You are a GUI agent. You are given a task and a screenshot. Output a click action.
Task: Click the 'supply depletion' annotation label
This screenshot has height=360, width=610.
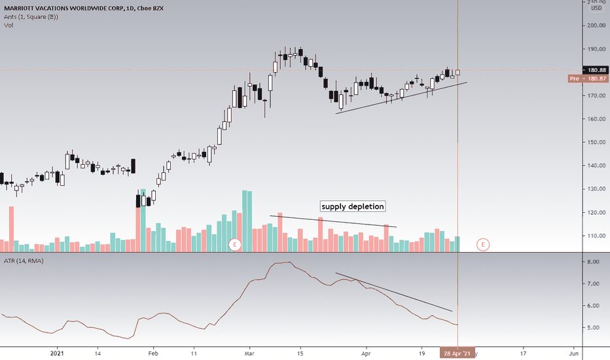[x=352, y=206]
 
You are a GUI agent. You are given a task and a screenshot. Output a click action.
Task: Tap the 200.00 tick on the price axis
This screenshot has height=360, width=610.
[x=596, y=26]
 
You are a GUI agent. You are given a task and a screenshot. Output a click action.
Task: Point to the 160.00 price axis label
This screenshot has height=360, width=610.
[x=596, y=119]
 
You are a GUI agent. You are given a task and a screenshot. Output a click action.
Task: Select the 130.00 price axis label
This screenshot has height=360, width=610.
[x=596, y=189]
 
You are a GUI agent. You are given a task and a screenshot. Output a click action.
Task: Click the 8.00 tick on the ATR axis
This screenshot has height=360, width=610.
[x=593, y=262]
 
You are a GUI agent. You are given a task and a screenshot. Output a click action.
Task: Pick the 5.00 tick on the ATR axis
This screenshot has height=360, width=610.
[x=593, y=327]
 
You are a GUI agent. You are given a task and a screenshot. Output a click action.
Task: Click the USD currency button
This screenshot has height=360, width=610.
[x=596, y=8]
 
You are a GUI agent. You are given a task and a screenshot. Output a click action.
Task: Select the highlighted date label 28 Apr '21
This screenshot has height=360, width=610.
[x=457, y=353]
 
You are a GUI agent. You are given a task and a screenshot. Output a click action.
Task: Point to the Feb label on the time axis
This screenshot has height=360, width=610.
[x=152, y=353]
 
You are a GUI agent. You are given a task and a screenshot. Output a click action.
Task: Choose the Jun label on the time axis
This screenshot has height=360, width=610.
[x=573, y=353]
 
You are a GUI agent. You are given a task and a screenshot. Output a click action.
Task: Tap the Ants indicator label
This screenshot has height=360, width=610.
[x=29, y=16]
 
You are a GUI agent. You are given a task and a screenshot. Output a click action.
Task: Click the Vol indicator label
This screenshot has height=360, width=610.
[x=8, y=25]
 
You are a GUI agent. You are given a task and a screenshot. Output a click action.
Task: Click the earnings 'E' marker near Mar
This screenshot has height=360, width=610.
[x=235, y=245]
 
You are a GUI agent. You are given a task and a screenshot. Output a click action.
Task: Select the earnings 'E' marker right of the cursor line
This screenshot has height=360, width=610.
[x=483, y=245]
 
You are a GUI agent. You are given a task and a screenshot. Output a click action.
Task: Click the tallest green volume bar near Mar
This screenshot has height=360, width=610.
[x=246, y=221]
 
